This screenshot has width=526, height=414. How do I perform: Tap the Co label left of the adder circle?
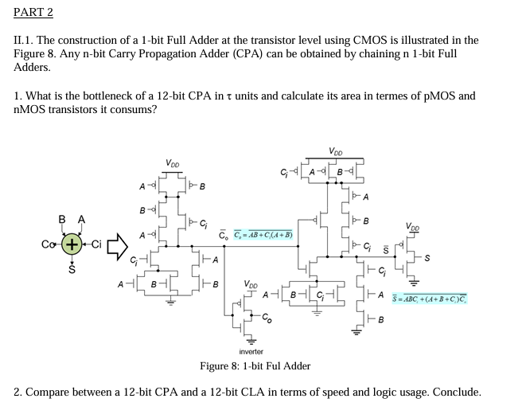coord(49,243)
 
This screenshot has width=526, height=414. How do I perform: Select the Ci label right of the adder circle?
coord(95,243)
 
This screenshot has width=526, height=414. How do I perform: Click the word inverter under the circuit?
coord(251,351)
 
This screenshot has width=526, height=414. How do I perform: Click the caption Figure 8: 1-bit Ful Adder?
coord(255,365)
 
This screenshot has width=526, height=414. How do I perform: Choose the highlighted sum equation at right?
coord(430,299)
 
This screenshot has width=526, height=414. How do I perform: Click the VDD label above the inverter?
coord(251,284)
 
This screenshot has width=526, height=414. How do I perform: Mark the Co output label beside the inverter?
coord(267,318)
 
